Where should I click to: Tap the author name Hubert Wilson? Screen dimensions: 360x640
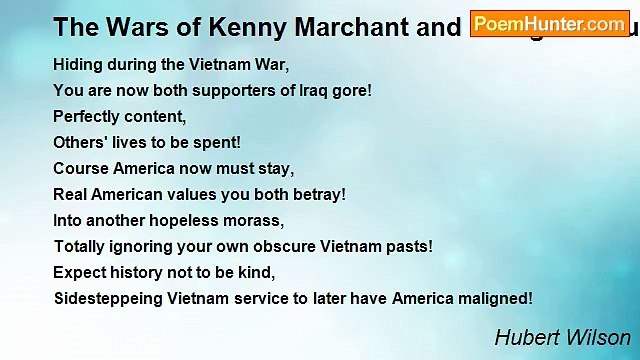[563, 337]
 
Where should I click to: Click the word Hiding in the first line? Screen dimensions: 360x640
[77, 64]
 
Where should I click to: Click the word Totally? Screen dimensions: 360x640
[80, 246]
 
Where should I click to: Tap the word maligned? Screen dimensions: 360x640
[495, 298]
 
